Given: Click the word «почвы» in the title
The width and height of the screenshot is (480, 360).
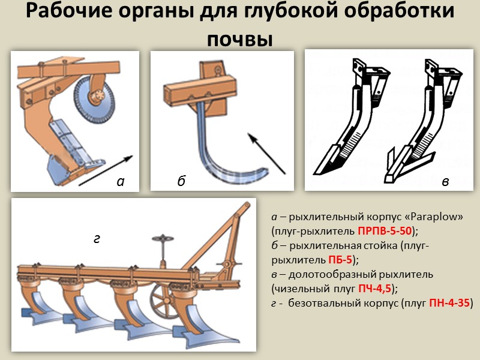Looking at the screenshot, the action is [239, 39].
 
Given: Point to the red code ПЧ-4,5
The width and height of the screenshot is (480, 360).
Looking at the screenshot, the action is [374, 289].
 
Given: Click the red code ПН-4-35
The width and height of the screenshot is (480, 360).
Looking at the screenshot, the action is [450, 304].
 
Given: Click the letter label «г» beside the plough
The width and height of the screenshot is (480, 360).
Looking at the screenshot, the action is [97, 239].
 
